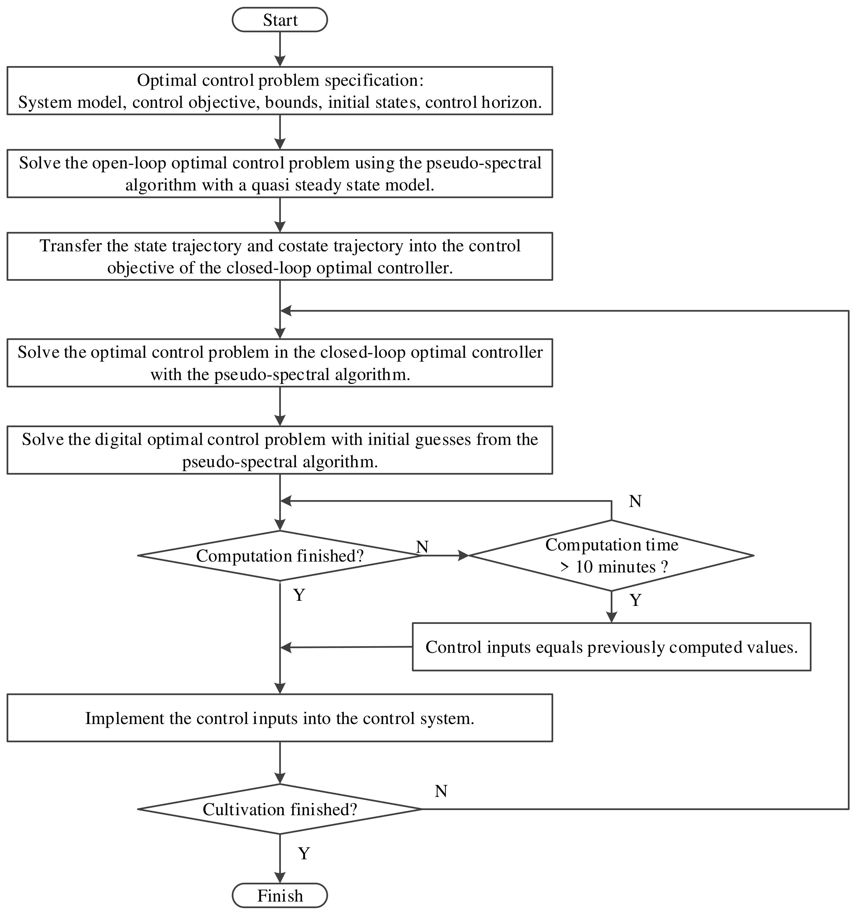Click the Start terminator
[279, 20]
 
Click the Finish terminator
[279, 895]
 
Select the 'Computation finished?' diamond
[279, 556]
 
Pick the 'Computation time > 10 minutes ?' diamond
[611, 556]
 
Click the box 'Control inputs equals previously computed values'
[611, 647]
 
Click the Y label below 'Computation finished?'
[299, 595]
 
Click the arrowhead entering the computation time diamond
[463, 556]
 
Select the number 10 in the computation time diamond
[584, 566]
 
